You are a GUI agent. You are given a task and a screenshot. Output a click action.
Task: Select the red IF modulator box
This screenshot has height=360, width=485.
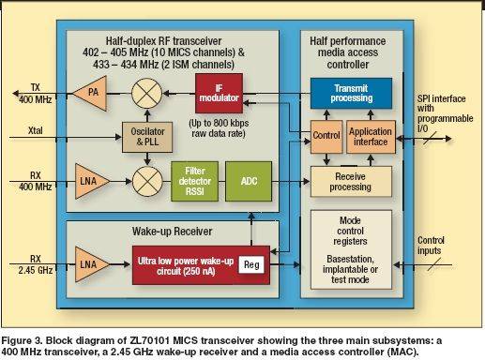coord(219,93)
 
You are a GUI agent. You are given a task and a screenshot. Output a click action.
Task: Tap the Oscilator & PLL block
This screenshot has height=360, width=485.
coord(147,137)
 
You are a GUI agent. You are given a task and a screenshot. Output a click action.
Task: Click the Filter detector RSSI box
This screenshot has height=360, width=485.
coord(195,181)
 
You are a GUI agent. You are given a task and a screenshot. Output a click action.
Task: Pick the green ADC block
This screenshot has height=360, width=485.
coord(249,181)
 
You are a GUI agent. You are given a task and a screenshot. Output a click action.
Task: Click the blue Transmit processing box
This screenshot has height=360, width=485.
coord(351,93)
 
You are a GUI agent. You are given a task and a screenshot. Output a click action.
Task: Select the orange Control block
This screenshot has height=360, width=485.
coord(326,137)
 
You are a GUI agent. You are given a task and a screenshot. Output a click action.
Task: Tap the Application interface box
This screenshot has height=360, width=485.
coord(371,137)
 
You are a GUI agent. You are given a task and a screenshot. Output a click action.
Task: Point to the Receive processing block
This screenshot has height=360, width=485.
coord(351,182)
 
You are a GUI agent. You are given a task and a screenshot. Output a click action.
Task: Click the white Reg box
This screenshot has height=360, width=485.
coord(251,264)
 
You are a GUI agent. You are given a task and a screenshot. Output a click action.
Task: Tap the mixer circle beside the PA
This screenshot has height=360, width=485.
coord(146,93)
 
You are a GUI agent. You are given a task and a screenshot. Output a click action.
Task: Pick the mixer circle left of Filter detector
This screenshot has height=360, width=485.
coord(147,181)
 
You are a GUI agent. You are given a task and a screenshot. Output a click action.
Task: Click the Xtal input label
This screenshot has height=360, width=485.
coord(36,130)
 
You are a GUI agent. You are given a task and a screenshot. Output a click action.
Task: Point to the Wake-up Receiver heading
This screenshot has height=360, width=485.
coord(172,232)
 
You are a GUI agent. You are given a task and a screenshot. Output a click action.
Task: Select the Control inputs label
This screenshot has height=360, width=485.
coord(431,246)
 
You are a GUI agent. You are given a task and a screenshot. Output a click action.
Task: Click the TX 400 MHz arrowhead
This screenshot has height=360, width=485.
coord(16,93)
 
